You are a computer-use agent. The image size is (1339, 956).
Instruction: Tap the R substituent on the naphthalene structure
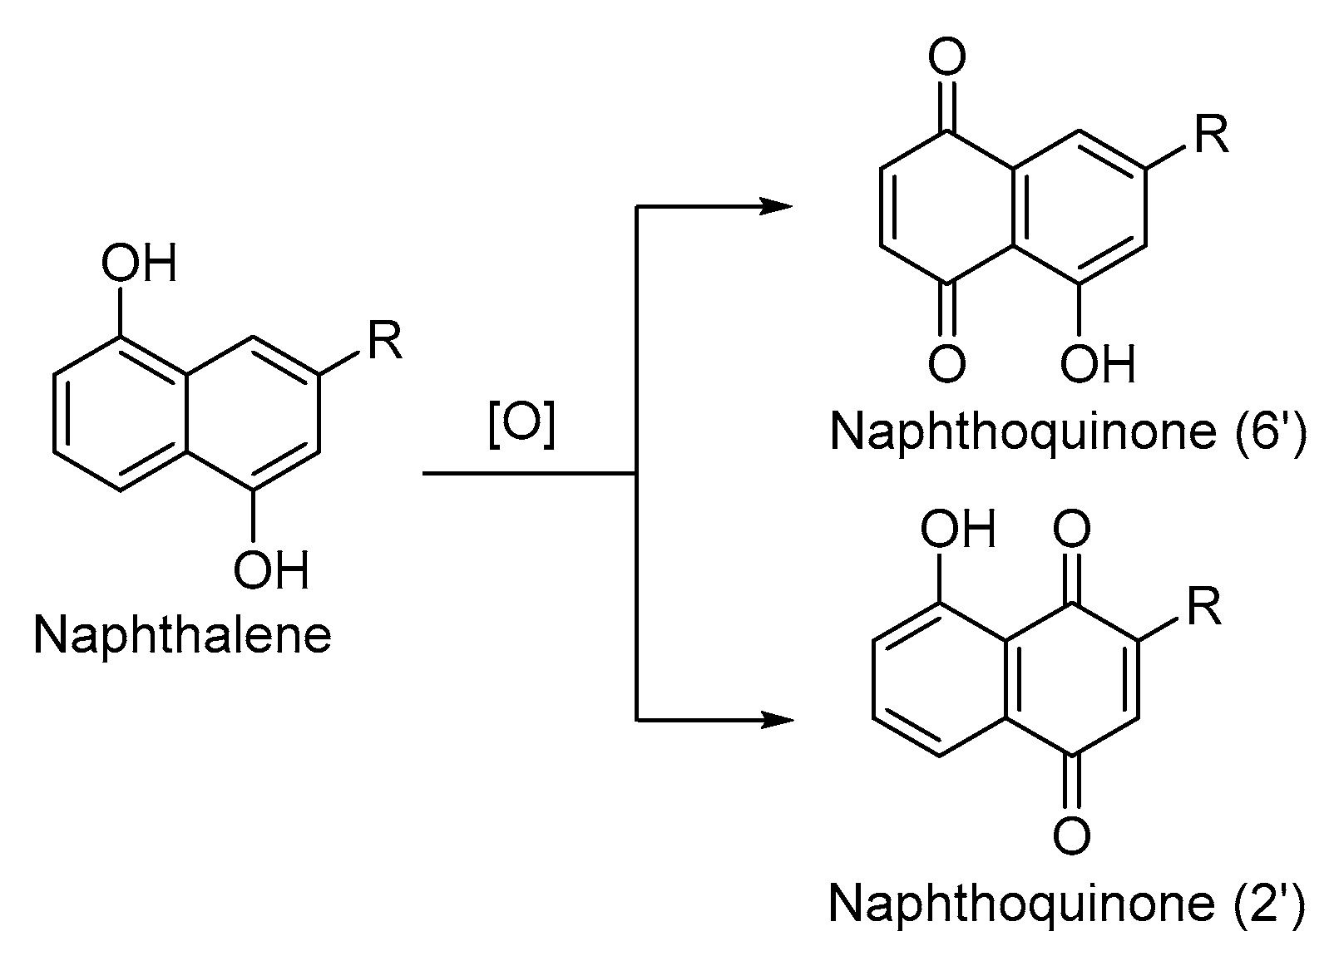(x=384, y=340)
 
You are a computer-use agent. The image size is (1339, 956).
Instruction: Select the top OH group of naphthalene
(x=139, y=264)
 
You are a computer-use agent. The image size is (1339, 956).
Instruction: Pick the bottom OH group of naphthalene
(x=270, y=570)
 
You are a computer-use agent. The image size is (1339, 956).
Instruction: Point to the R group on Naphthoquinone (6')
(x=1210, y=136)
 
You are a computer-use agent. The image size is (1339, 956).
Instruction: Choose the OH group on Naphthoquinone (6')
(x=1098, y=364)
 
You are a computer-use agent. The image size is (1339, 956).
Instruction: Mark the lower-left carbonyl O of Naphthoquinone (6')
(x=946, y=364)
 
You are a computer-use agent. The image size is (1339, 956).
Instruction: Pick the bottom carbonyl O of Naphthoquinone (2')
(x=1071, y=835)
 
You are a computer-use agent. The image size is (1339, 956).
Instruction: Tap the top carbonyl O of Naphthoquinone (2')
(x=1071, y=530)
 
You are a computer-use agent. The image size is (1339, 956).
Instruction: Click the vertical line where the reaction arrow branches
(x=636, y=474)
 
